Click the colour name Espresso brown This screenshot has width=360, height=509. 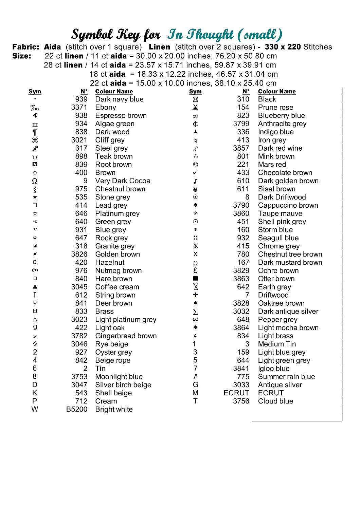(x=121, y=116)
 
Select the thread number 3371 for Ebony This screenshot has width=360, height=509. (x=79, y=108)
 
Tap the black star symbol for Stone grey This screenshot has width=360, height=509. (x=35, y=197)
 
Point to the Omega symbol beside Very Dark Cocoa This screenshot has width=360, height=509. (x=35, y=181)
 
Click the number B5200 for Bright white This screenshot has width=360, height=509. (x=77, y=410)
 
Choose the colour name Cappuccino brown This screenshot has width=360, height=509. (x=288, y=205)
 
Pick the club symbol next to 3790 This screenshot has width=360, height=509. (x=195, y=205)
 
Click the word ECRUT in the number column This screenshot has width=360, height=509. (x=236, y=393)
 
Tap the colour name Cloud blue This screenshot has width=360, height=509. (x=275, y=401)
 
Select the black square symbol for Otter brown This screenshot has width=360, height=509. (x=195, y=279)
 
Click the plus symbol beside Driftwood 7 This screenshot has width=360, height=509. (x=195, y=295)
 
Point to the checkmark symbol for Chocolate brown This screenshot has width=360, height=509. (x=195, y=173)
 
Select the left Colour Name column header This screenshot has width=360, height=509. (x=114, y=92)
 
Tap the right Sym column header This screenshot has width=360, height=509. (x=195, y=92)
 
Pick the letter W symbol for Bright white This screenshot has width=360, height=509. (x=35, y=409)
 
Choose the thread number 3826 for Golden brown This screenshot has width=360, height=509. (x=79, y=254)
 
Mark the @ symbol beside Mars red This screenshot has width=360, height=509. (x=195, y=164)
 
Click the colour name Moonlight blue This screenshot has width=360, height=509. (x=119, y=377)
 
